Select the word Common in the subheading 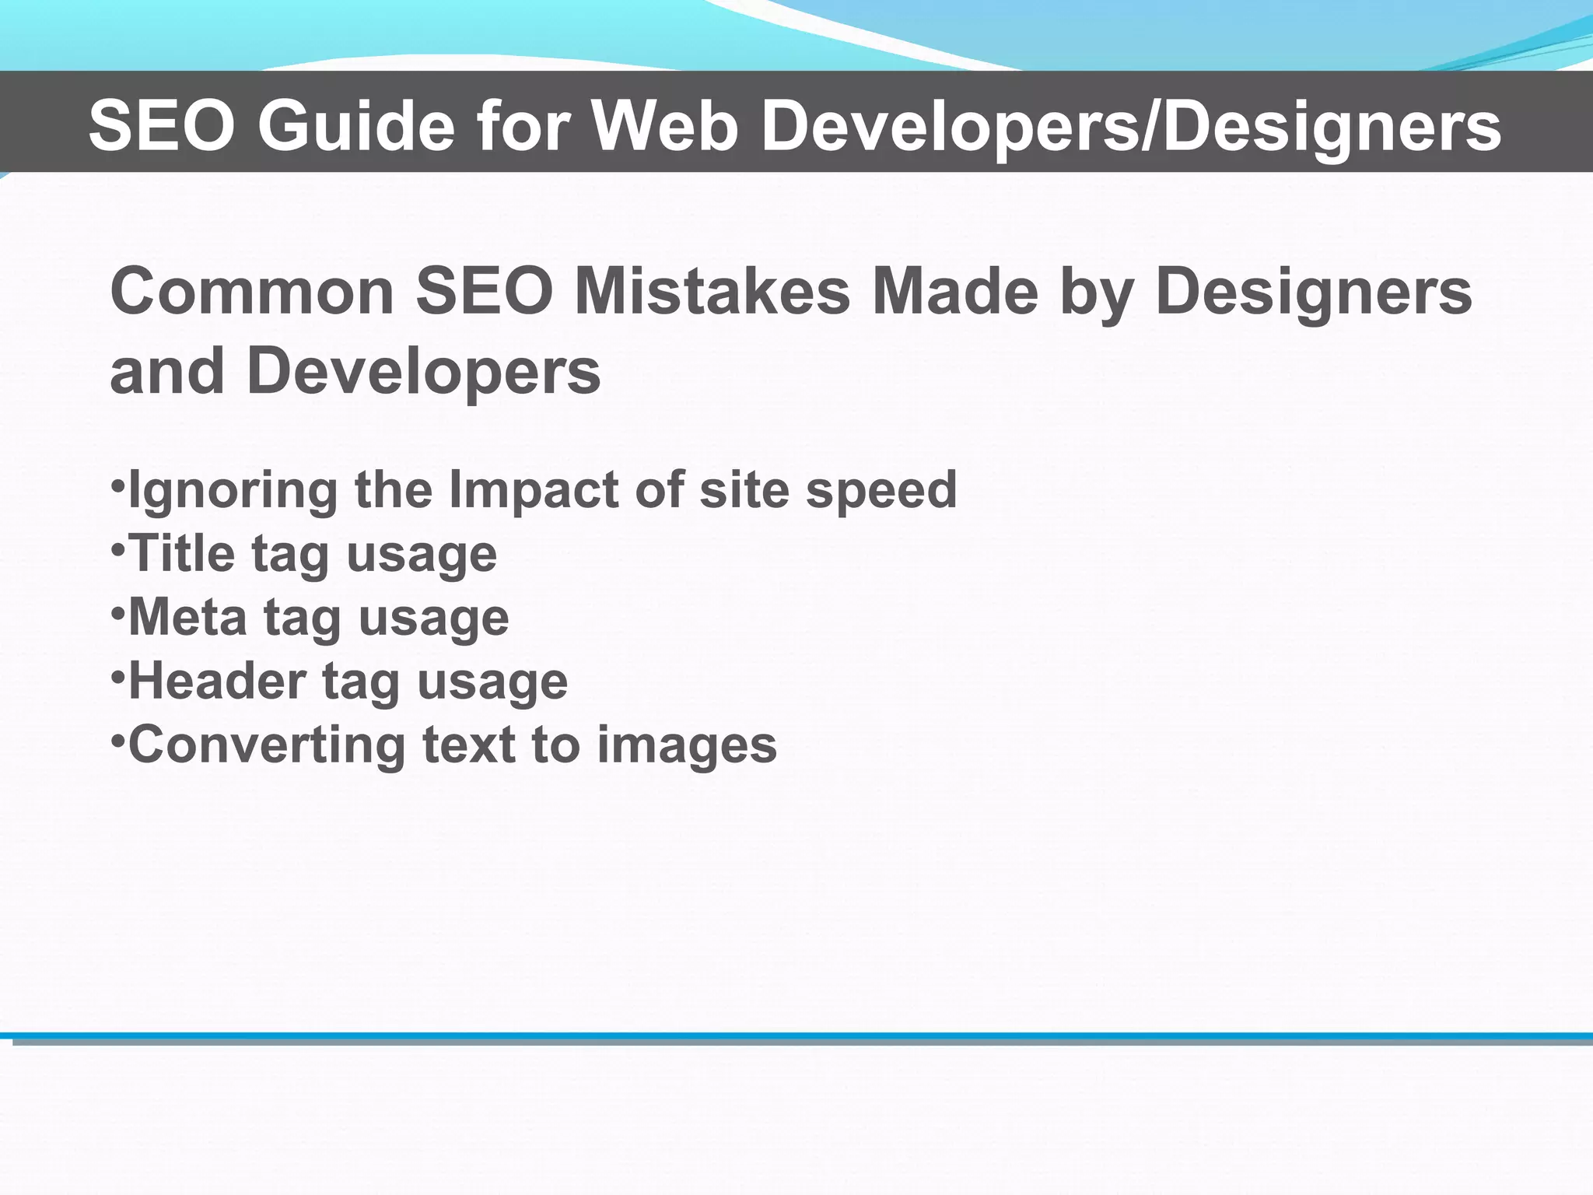tap(253, 291)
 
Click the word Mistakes tap(712, 291)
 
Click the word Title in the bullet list tap(181, 553)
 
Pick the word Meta tap(187, 617)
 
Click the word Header tap(217, 681)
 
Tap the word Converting tap(267, 745)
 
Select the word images tap(687, 745)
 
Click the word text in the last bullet tap(469, 745)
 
